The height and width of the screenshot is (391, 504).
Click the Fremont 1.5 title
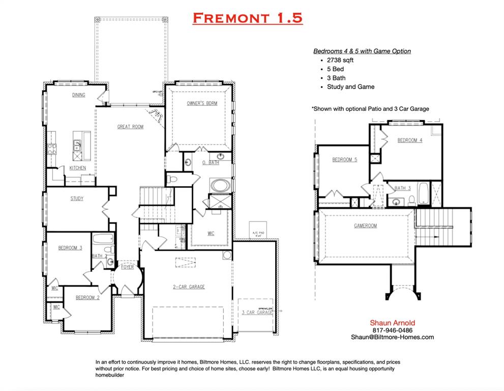[x=248, y=18]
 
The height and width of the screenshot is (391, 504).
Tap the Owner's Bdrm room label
[x=202, y=103]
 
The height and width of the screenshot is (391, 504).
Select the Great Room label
[x=131, y=127]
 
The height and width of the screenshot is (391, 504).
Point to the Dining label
[x=78, y=95]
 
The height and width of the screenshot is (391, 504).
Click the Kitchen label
[x=78, y=168]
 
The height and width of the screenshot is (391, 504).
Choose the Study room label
[x=77, y=199]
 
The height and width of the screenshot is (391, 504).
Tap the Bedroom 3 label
[x=70, y=248]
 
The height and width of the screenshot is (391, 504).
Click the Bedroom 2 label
[x=87, y=298]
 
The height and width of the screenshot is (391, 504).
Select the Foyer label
[x=128, y=267]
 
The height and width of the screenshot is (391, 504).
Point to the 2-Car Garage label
[x=189, y=287]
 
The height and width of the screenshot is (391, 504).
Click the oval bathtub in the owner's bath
[x=220, y=184]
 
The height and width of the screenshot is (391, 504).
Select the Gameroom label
[x=366, y=226]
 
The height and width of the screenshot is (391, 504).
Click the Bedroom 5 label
[x=344, y=160]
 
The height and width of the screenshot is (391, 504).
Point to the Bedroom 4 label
[x=410, y=141]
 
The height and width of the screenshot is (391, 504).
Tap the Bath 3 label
[x=403, y=188]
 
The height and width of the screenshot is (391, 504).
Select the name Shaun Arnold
[x=392, y=323]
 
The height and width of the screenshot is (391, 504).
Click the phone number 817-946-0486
[x=392, y=330]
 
